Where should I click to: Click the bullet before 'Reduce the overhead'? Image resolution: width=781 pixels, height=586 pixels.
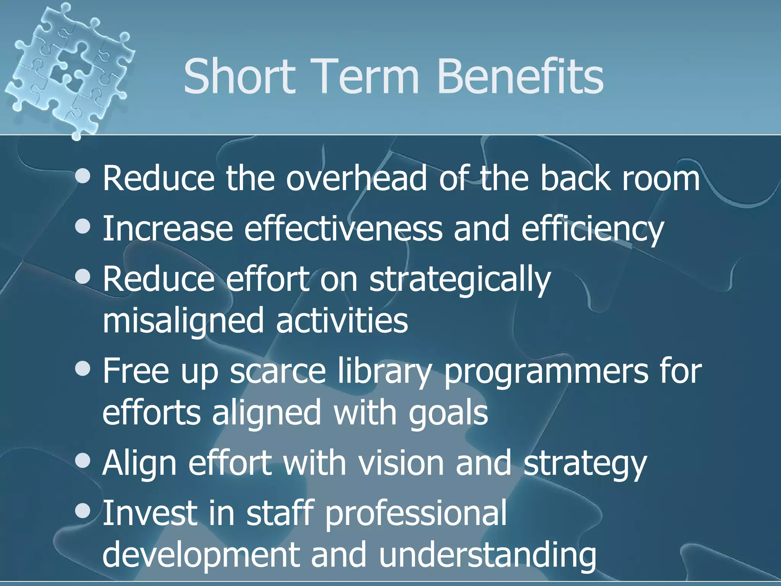click(x=83, y=176)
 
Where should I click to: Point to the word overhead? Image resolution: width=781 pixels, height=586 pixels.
click(x=356, y=178)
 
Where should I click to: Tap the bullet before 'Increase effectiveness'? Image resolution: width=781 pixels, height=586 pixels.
click(x=83, y=227)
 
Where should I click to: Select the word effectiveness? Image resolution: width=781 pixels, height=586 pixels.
click(x=343, y=229)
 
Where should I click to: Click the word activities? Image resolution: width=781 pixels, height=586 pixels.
click(x=342, y=320)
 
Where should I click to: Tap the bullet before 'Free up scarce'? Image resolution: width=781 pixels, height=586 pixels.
click(x=83, y=369)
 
